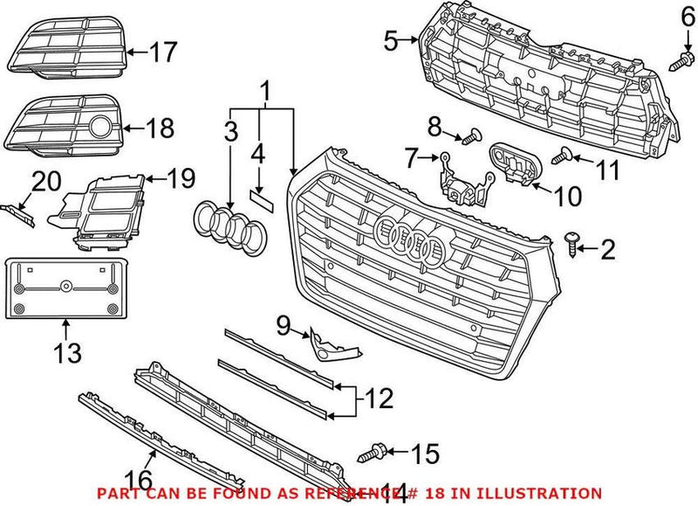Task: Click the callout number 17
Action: pos(161,53)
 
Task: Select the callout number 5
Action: pos(391,39)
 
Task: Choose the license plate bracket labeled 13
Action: pos(65,287)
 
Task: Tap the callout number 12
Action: pos(379,399)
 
